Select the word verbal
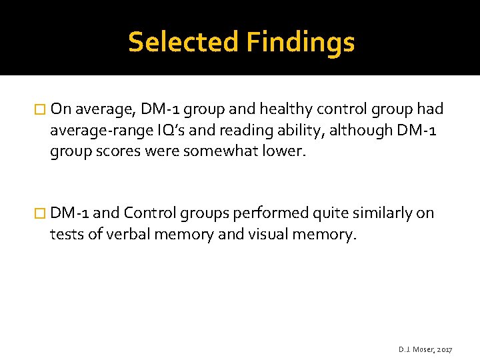[125, 235]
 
